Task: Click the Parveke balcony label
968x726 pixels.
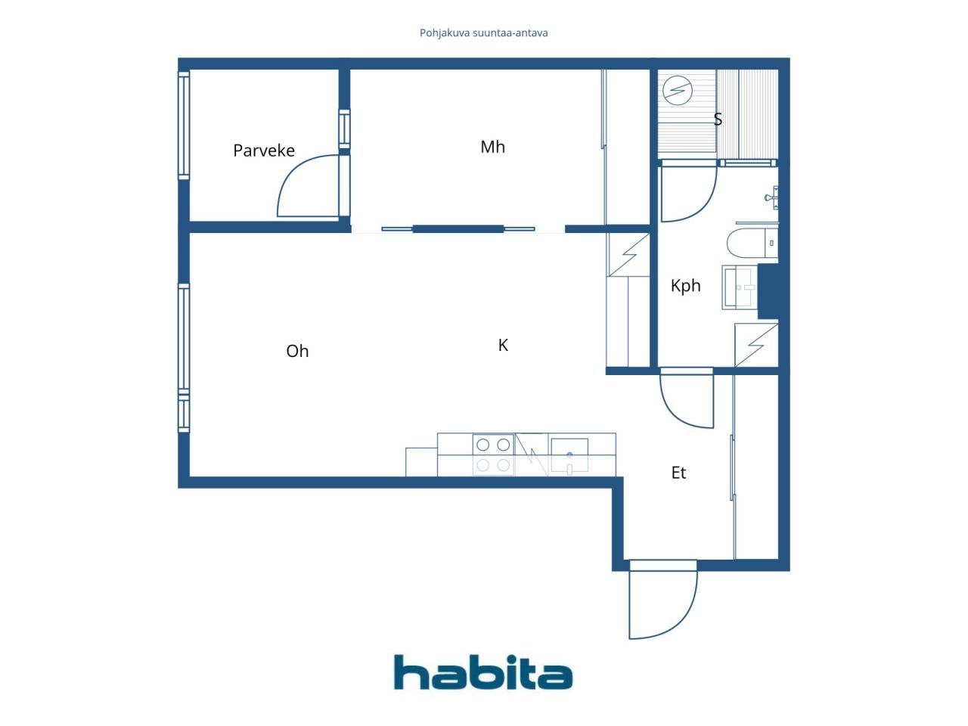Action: click(x=264, y=150)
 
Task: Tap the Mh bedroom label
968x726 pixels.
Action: click(x=492, y=147)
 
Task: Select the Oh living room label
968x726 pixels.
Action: click(x=297, y=351)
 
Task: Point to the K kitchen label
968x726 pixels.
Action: click(x=503, y=345)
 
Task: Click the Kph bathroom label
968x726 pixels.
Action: click(x=685, y=286)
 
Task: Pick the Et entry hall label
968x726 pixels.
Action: click(x=678, y=473)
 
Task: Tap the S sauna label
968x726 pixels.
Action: click(x=718, y=119)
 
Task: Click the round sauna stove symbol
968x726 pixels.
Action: click(x=678, y=90)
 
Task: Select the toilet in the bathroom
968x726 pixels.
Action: click(x=752, y=243)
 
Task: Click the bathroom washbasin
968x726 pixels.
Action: click(x=739, y=287)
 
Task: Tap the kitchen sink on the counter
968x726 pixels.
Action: click(x=569, y=455)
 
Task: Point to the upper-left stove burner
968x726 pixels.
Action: click(x=483, y=445)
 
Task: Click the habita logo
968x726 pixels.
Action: click(x=483, y=672)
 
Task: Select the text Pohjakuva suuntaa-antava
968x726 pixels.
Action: click(x=483, y=33)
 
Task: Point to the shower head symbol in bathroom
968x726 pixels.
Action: click(x=772, y=197)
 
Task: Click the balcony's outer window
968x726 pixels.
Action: click(x=184, y=126)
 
